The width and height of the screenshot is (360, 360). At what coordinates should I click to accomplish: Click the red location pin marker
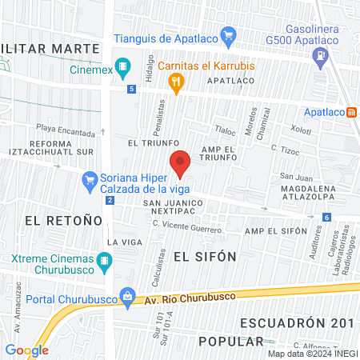click(x=180, y=162)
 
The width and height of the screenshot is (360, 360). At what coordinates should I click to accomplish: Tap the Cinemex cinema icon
click(x=123, y=66)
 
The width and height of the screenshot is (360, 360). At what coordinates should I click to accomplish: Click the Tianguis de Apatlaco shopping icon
click(x=229, y=35)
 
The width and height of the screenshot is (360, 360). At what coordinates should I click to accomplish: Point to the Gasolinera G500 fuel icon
click(x=322, y=56)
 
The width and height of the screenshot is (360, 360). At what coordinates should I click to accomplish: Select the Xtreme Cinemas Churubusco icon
click(x=103, y=260)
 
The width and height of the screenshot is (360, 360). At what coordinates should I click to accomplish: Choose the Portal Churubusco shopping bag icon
click(x=126, y=296)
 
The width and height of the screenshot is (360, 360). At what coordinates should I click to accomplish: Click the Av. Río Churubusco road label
click(x=191, y=298)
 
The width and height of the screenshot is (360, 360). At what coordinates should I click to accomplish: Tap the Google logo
click(x=26, y=350)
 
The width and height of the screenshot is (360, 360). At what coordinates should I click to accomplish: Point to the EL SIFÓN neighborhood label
click(x=204, y=257)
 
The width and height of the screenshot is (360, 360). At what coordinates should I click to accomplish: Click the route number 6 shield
click(x=326, y=218)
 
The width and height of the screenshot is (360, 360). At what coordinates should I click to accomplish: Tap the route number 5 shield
click(x=130, y=89)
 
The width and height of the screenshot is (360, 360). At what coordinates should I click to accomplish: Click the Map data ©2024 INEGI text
click(x=313, y=354)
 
